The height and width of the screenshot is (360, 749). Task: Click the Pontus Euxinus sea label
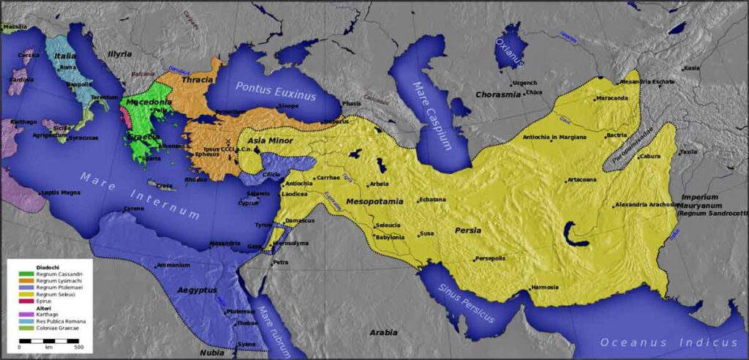275,91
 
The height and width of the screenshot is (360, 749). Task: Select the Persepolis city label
494,258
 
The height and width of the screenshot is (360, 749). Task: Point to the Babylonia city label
390,237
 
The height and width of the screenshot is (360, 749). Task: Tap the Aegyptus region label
197,290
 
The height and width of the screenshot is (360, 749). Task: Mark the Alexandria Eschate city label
647,82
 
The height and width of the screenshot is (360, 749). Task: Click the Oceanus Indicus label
669,342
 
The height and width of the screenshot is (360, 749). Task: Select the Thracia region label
197,79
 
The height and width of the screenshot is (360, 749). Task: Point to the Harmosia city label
549,287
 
